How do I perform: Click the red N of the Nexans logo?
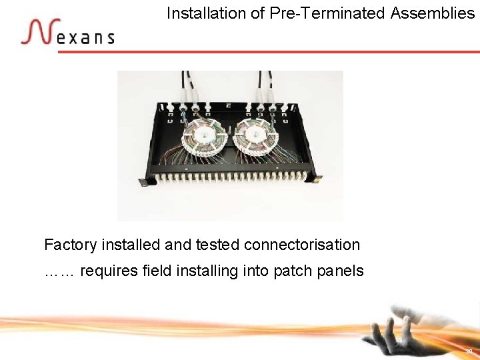point(37,31)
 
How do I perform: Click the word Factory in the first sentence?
point(70,245)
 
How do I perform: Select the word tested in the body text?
point(217,245)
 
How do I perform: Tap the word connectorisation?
point(302,245)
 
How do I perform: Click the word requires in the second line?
point(109,271)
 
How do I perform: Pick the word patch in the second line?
point(291,271)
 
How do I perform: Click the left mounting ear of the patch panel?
point(143,182)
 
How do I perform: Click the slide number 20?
point(469,351)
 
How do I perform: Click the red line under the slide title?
point(267,51)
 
